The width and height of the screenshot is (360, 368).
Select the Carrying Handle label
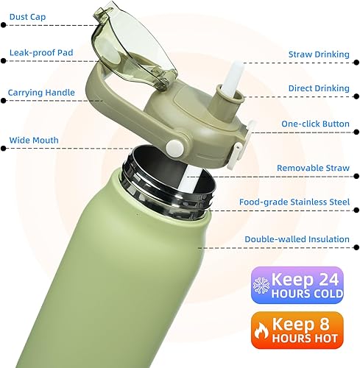point(41,93)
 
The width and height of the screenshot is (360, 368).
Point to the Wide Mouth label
point(33,139)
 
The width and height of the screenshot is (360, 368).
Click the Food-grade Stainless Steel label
point(294,201)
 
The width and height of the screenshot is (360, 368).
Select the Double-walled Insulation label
point(297,238)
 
